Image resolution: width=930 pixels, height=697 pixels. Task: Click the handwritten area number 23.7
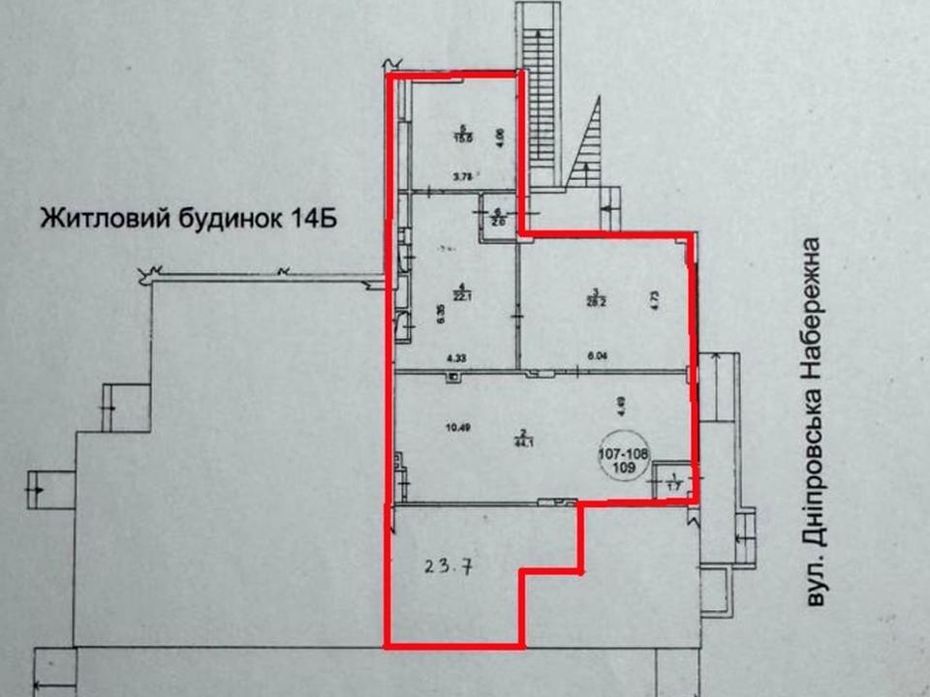click(x=449, y=568)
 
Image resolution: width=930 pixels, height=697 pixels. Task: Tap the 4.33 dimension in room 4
click(x=455, y=357)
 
